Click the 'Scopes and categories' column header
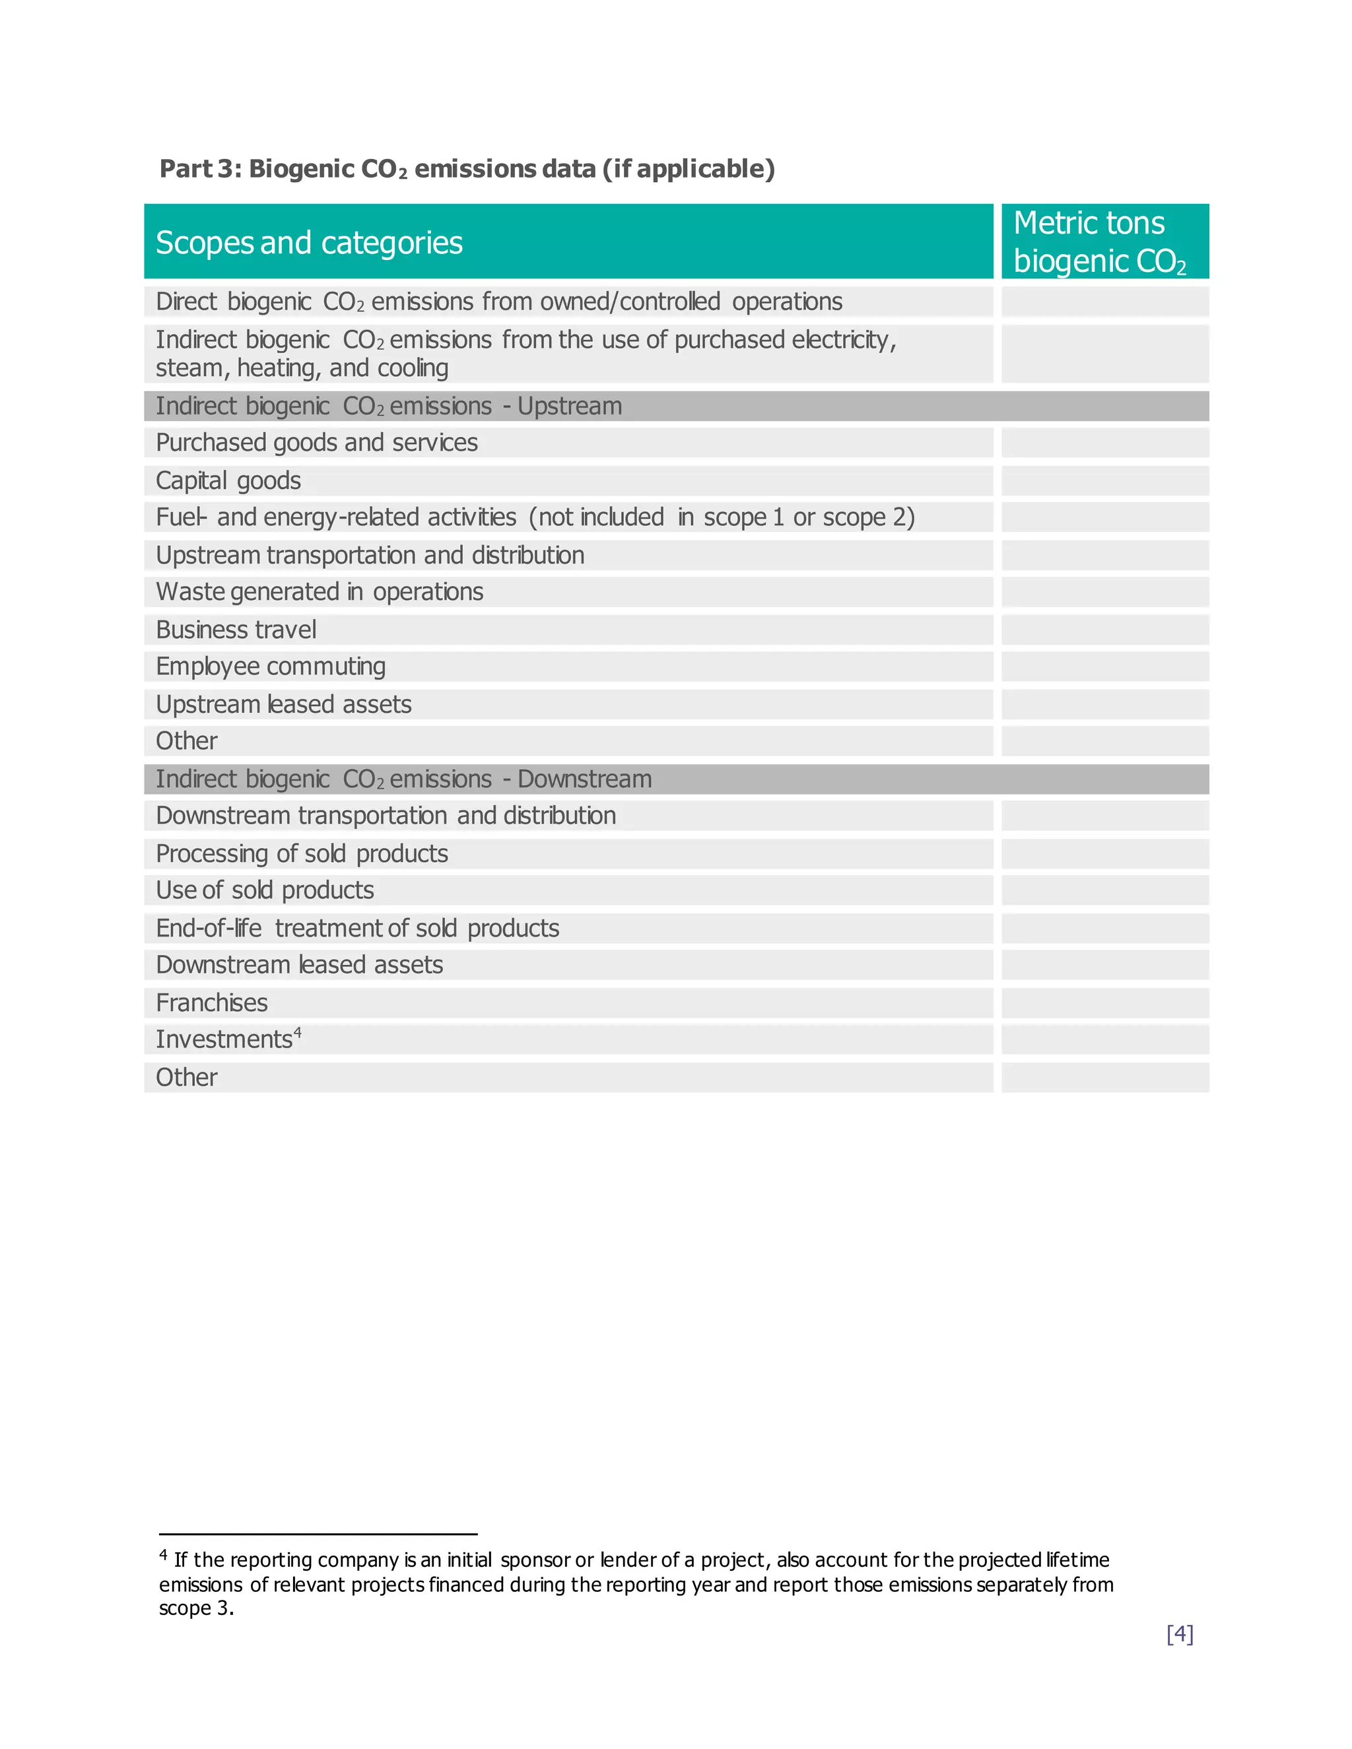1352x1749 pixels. [x=309, y=243]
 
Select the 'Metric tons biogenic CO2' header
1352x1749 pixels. [x=1099, y=242]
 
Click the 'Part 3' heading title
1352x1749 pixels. [x=467, y=169]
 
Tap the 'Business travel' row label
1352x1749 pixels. [x=236, y=630]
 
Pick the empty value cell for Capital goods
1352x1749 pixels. [x=1104, y=480]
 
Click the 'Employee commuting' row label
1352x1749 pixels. [x=271, y=667]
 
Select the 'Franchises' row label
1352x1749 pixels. [x=211, y=1003]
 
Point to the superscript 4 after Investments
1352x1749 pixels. [x=298, y=1032]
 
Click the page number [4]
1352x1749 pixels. [x=1180, y=1633]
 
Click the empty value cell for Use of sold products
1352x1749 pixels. [x=1104, y=890]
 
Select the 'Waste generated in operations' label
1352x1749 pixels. [x=320, y=592]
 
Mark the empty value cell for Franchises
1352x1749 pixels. [x=1104, y=1003]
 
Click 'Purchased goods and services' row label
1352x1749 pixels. [x=316, y=443]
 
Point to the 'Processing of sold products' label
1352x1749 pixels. [x=302, y=853]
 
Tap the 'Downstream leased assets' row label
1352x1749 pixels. [x=300, y=965]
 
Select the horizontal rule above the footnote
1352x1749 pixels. [x=318, y=1534]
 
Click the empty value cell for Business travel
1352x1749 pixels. [x=1104, y=630]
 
